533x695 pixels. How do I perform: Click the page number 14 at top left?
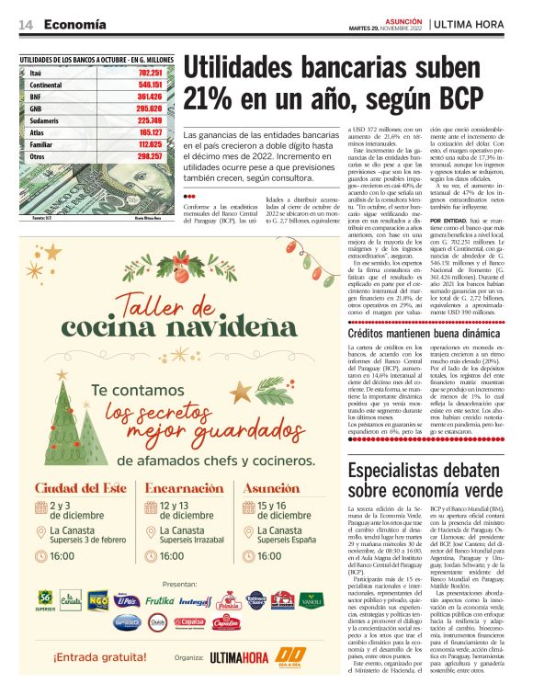pyautogui.click(x=26, y=23)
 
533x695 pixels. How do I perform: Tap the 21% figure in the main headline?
pyautogui.click(x=212, y=97)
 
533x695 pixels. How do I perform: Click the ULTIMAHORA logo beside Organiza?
pyautogui.click(x=239, y=658)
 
